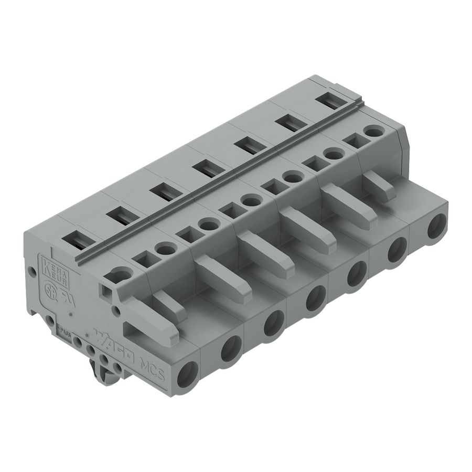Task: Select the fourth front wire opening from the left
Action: (316, 299)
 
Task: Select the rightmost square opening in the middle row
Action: (355, 141)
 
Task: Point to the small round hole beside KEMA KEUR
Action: (32, 272)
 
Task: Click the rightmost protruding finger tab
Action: (380, 187)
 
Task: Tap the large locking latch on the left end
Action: (152, 320)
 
